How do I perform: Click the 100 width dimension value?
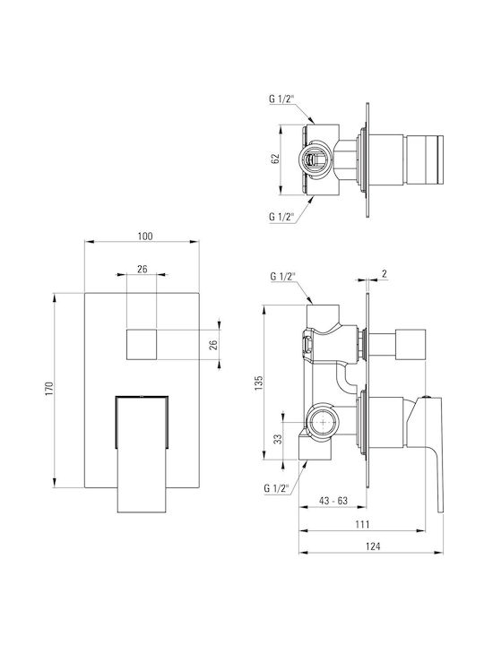click(x=145, y=236)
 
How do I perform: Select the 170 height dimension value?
click(x=50, y=389)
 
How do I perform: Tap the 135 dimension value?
click(x=259, y=383)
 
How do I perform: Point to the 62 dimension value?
click(x=275, y=159)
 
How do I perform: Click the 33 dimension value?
click(x=279, y=439)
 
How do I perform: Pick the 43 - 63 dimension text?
click(x=333, y=501)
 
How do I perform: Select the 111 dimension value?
click(x=362, y=524)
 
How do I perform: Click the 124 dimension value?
click(x=373, y=546)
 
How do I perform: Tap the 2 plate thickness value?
click(x=384, y=273)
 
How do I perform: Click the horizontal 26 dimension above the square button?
click(x=142, y=270)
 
